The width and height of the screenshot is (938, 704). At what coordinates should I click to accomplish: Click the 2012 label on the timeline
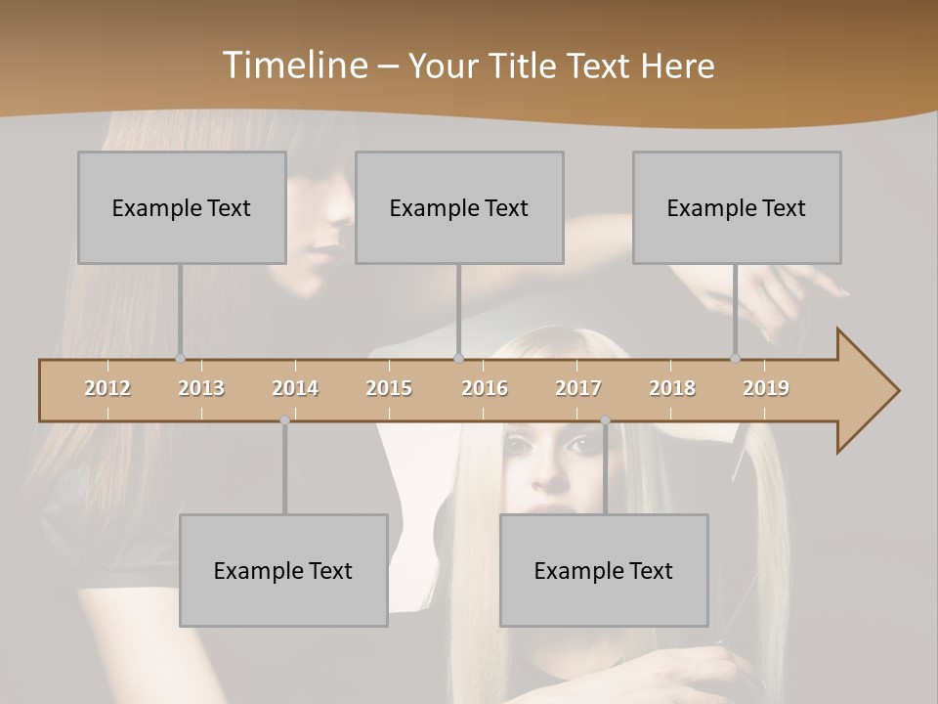point(107,388)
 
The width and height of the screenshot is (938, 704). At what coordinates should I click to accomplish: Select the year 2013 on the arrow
point(201,388)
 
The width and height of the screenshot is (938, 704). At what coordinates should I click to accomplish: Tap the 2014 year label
point(295,388)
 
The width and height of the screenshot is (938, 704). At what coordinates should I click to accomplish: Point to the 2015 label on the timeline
point(389,388)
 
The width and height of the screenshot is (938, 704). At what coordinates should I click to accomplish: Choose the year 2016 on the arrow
point(485,388)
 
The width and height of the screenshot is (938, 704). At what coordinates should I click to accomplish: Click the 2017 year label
point(578,388)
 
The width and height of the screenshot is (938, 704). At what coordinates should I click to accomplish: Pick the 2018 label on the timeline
point(672,388)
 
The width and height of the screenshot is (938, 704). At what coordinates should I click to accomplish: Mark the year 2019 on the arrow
point(766,388)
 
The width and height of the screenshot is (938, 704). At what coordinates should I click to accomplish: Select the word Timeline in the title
point(294,66)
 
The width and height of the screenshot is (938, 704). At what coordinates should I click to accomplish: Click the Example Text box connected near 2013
point(182,207)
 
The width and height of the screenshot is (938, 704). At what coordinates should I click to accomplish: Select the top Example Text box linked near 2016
point(459,207)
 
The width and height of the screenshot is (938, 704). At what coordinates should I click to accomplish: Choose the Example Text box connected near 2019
point(737,207)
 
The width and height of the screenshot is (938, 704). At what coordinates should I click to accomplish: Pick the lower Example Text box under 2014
point(283,570)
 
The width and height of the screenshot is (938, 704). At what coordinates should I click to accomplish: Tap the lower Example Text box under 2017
point(604,570)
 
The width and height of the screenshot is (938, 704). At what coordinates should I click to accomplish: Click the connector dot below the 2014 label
point(284,420)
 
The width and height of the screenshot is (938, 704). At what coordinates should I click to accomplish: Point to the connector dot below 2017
point(605,420)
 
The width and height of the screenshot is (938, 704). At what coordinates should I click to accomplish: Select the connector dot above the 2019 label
point(735,359)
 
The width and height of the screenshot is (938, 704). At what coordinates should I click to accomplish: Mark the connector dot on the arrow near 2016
point(459,359)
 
